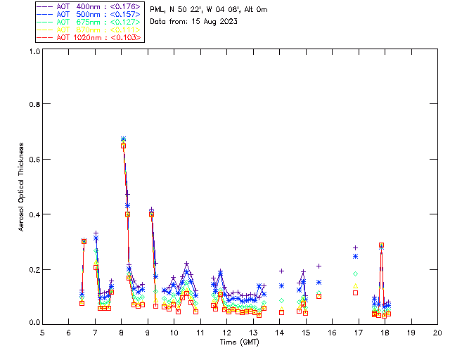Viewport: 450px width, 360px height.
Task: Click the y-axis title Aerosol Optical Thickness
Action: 22,188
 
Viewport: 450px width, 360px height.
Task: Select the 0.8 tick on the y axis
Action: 34,104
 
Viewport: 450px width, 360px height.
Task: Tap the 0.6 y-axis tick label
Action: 34,159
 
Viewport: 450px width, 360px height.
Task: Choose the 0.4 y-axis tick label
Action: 34,214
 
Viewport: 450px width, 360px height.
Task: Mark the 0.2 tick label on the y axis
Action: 34,269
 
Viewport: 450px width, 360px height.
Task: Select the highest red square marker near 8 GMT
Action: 123,146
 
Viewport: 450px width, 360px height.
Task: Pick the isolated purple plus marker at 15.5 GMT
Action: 319,266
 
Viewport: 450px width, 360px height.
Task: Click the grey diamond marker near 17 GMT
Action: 355,274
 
